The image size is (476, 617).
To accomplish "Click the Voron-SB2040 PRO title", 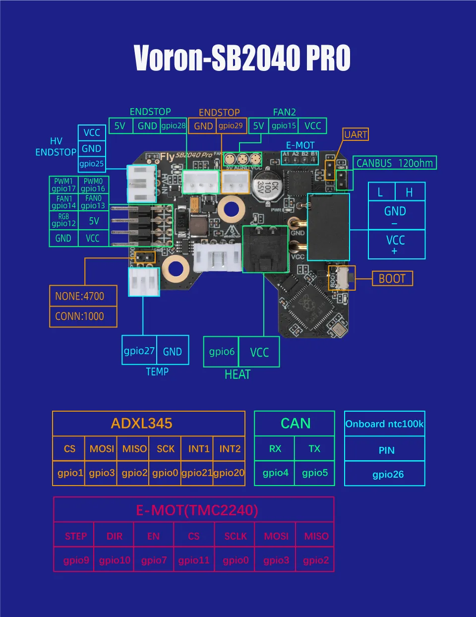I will pos(242,58).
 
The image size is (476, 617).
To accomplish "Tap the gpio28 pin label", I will pos(173,126).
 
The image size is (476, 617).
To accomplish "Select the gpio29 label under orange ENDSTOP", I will pos(231,126).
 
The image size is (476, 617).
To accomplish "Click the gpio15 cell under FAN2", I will pos(284,126).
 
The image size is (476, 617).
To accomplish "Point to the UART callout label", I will pos(356,134).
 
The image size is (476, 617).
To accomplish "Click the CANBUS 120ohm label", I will pos(394,163).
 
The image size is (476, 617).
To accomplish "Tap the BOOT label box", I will pos(392,279).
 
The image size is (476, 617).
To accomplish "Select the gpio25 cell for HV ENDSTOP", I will pos(92,164).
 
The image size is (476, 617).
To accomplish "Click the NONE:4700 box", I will pos(83,296).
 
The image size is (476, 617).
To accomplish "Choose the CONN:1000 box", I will pos(83,316).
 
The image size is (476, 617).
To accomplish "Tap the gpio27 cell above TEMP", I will pos(139,351).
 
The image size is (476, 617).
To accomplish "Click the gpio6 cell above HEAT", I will pos(221,352).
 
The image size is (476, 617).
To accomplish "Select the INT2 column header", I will pos(230,449).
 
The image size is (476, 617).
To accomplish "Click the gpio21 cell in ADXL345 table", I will pos(197,473).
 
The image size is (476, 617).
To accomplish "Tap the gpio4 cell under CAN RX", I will pos(275,473).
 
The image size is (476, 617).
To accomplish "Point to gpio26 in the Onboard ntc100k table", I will pos(388,475).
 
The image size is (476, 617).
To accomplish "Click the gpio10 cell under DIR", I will pos(115,560).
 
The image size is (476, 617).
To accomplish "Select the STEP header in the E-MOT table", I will pos(76,536).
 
